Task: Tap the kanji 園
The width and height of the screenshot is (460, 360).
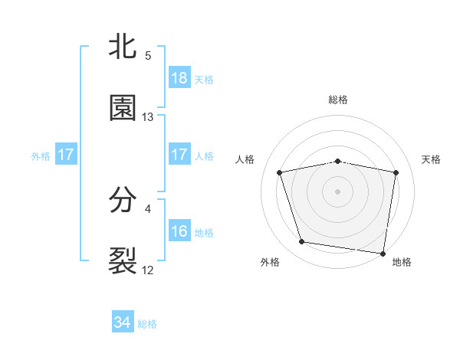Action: (x=123, y=109)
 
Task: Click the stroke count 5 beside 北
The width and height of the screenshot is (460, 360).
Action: (x=148, y=55)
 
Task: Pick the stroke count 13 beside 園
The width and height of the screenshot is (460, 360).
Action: (x=148, y=116)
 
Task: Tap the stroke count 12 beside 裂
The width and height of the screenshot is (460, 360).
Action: (x=148, y=270)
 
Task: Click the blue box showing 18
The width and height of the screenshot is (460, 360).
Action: (x=179, y=78)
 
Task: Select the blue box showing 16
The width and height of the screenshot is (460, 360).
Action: (x=179, y=231)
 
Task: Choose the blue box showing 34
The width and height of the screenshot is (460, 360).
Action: (x=123, y=322)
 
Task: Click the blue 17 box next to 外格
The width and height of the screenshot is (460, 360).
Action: (x=66, y=155)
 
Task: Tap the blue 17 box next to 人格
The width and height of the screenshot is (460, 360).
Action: (x=179, y=155)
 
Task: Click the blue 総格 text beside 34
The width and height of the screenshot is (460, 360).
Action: (x=147, y=324)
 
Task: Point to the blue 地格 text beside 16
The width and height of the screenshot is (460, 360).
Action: (x=204, y=233)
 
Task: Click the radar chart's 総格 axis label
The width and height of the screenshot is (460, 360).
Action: (x=338, y=100)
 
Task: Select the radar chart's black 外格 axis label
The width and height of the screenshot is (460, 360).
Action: (x=270, y=262)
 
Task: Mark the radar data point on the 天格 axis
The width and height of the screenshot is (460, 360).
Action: (x=396, y=172)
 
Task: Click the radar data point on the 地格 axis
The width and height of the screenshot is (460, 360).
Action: (x=383, y=253)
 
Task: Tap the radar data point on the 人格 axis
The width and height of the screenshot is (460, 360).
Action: (x=280, y=172)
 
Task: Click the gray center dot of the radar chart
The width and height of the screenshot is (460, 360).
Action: (x=338, y=191)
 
